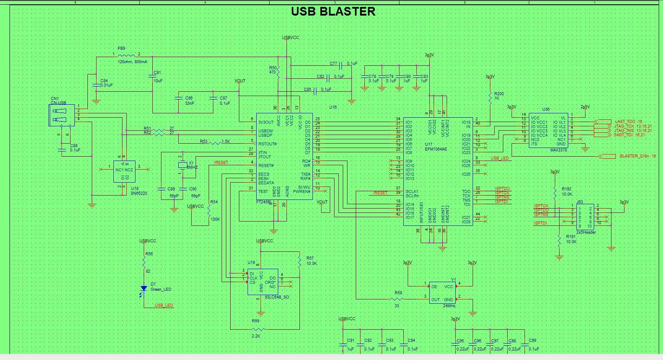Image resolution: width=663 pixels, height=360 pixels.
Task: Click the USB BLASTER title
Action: (x=333, y=12)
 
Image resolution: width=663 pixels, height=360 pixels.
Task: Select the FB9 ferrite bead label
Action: (x=121, y=48)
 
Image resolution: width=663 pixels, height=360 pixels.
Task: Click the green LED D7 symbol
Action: (x=144, y=289)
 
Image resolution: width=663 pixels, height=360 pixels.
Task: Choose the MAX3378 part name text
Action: (x=559, y=150)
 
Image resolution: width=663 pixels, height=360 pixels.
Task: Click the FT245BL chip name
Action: (x=264, y=202)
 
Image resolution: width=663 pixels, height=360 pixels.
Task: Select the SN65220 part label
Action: (x=139, y=193)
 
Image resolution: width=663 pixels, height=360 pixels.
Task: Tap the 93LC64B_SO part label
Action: (x=277, y=297)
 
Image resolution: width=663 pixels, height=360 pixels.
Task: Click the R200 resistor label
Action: (x=499, y=93)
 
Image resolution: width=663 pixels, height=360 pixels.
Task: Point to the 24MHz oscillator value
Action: (x=449, y=306)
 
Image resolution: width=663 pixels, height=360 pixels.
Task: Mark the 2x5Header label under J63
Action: (x=586, y=232)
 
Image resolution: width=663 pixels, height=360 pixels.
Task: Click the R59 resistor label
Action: (x=255, y=321)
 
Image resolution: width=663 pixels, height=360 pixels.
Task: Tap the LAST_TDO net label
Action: (x=625, y=122)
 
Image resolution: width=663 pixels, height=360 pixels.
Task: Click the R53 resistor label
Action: (x=204, y=141)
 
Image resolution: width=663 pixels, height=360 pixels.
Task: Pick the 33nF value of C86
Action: (x=189, y=103)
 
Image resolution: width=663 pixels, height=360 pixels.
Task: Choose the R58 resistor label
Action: (x=398, y=293)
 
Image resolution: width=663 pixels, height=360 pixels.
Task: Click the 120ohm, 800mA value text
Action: (x=132, y=62)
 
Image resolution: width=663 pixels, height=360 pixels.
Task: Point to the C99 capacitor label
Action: (x=532, y=341)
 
